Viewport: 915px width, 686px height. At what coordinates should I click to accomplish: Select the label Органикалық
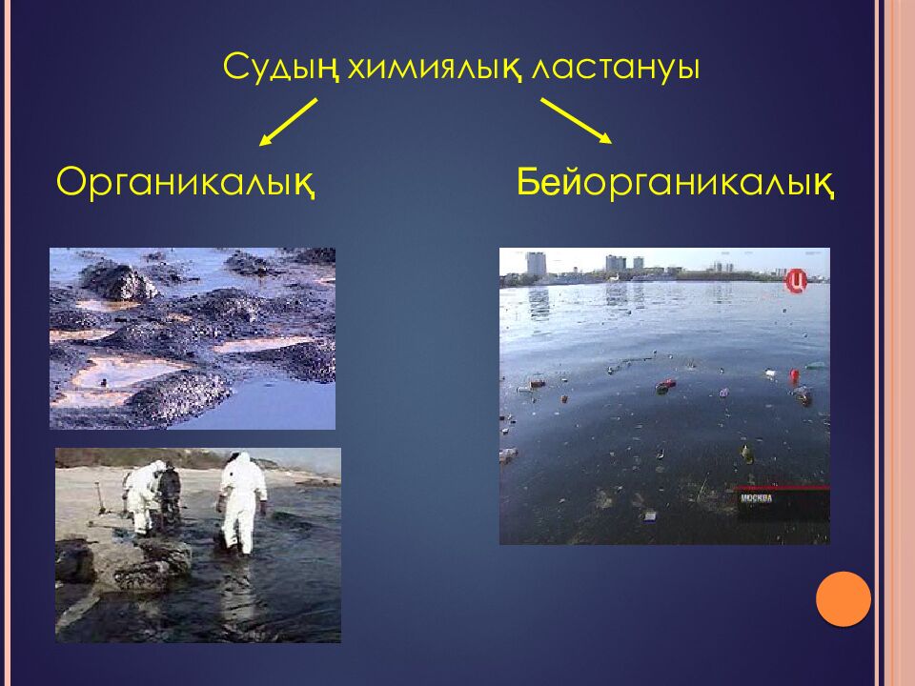[186, 181]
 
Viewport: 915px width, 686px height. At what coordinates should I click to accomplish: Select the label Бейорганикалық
[677, 181]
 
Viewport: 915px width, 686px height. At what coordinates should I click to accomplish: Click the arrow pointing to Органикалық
[288, 122]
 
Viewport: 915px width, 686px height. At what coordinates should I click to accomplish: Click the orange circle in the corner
[844, 599]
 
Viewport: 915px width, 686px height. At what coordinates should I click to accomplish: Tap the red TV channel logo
[796, 281]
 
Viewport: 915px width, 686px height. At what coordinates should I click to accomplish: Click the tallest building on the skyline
[536, 264]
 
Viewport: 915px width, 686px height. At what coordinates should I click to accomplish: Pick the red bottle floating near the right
[794, 375]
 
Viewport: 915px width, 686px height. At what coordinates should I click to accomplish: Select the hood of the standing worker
[239, 460]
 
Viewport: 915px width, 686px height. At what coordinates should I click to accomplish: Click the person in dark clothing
[169, 492]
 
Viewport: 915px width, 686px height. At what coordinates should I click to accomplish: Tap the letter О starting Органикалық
[71, 181]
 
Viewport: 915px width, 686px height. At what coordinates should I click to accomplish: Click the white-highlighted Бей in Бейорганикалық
[550, 181]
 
